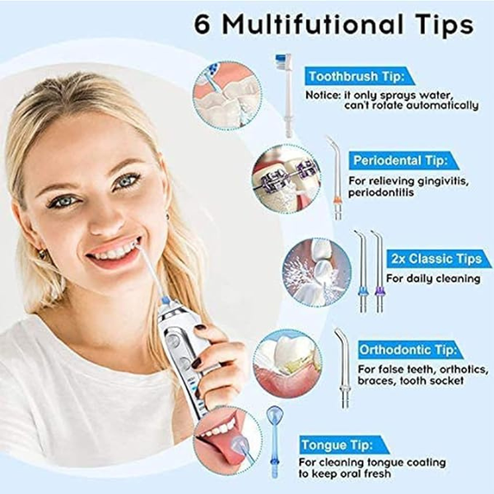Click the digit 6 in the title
(202, 24)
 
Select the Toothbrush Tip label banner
(358, 77)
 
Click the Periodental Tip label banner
(403, 161)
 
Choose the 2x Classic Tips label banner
(439, 259)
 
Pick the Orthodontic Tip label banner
(409, 350)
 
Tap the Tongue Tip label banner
(343, 445)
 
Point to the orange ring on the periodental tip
(338, 199)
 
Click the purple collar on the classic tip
(380, 290)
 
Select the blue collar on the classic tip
(363, 290)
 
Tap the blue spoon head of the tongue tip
(274, 415)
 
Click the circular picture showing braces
(286, 179)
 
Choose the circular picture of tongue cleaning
(227, 440)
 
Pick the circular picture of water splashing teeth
(317, 273)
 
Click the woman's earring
(42, 254)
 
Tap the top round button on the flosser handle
(173, 341)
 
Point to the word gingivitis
(442, 181)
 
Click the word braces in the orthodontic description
(375, 380)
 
